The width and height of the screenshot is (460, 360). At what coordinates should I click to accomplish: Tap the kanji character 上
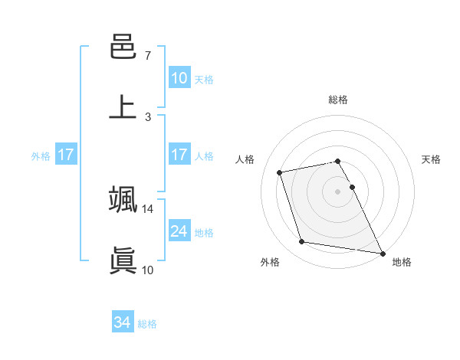coord(123,107)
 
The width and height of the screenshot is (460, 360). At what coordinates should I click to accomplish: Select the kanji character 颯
coord(123,200)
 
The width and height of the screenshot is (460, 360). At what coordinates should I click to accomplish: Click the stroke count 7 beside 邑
coord(148,56)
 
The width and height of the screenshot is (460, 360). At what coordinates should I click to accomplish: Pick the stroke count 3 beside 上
coord(148,116)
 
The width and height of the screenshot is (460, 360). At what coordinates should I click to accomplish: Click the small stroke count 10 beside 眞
coord(148,270)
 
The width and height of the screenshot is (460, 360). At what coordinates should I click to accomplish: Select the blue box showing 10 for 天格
coord(179,78)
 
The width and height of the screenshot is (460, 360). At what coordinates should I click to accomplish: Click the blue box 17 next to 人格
coord(179,155)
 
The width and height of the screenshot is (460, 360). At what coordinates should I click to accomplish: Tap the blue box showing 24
coord(179,231)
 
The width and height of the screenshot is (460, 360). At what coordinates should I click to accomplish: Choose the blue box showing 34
coord(122,322)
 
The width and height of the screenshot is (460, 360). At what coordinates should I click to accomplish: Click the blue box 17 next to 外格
coord(65,155)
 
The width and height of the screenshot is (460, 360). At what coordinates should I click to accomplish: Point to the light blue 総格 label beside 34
coord(147,324)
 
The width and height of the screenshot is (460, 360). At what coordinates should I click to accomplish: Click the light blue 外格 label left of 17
coord(41,156)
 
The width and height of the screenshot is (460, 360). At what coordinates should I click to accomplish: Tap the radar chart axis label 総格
coord(337,100)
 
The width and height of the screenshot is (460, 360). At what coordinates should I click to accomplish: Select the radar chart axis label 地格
coord(402,262)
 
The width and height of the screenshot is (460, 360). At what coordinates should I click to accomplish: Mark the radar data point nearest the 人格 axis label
coord(280,172)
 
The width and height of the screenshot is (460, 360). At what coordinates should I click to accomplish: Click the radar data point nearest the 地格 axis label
coord(381,252)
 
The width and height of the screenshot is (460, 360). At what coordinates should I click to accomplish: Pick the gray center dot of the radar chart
coord(337,191)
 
